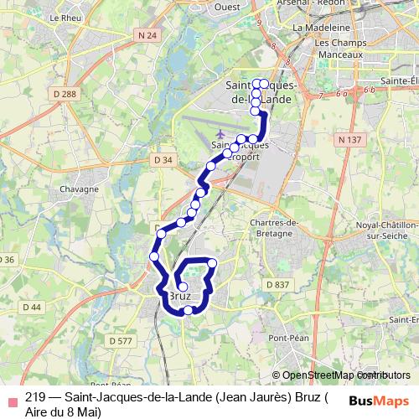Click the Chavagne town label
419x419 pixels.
tap(80, 191)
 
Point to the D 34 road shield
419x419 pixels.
tap(163, 159)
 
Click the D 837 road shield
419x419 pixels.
tap(277, 285)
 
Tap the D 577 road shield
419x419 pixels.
tap(122, 340)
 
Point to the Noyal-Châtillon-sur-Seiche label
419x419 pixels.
tap(384, 231)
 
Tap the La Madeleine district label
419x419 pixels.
tap(314, 27)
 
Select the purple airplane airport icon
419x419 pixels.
tap(220, 133)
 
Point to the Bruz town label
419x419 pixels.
tap(181, 297)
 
